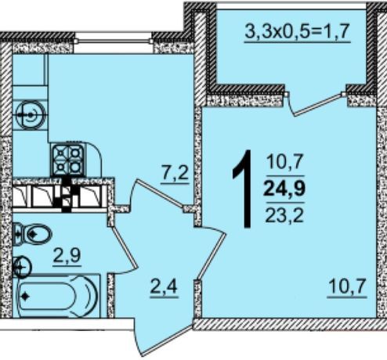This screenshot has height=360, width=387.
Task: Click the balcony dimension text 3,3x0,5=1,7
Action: [297, 31]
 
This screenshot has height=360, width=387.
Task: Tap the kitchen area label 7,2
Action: [175, 173]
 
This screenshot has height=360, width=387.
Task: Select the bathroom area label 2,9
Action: [67, 257]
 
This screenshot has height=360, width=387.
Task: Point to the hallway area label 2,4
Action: [164, 288]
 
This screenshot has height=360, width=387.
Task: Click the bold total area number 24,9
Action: [284, 189]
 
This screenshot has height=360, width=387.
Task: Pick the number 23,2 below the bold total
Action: [284, 215]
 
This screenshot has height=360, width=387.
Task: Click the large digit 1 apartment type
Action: [243, 189]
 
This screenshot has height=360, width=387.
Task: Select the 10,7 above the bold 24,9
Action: [284, 161]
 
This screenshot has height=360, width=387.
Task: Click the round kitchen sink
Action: [31, 115]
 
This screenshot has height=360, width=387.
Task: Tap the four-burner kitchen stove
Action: [68, 160]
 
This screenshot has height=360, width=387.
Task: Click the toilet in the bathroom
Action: [32, 234]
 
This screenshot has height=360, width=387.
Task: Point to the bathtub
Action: [57, 296]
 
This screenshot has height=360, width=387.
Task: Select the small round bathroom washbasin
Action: [22, 267]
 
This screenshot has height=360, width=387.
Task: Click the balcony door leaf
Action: [318, 105]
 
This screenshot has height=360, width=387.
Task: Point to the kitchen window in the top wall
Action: [113, 41]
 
